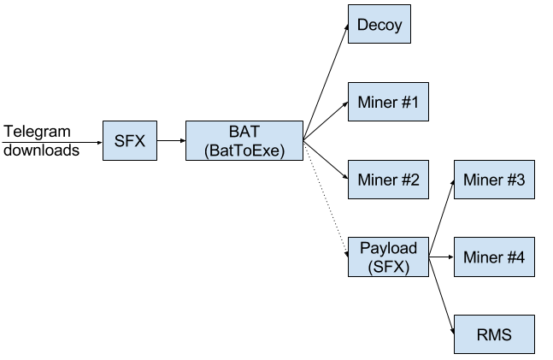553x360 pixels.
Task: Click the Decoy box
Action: (379, 24)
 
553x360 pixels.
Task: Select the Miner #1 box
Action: (387, 102)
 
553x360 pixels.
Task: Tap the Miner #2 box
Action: (387, 180)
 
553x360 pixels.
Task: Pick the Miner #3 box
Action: (493, 180)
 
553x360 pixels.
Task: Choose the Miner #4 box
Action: (493, 257)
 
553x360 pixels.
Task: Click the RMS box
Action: (493, 334)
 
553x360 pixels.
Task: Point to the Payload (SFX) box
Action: (387, 257)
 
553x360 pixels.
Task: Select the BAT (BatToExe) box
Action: (244, 140)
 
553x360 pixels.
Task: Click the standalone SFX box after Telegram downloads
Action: (130, 140)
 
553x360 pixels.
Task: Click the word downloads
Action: (41, 150)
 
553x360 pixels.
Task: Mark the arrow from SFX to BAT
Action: (171, 140)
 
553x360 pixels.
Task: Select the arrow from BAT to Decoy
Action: (326, 81)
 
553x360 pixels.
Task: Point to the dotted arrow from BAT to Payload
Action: (326, 195)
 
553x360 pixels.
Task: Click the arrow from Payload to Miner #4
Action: (440, 257)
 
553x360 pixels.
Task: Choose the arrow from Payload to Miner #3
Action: (440, 218)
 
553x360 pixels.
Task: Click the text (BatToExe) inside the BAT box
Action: (244, 150)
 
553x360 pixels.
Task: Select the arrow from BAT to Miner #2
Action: (326, 158)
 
